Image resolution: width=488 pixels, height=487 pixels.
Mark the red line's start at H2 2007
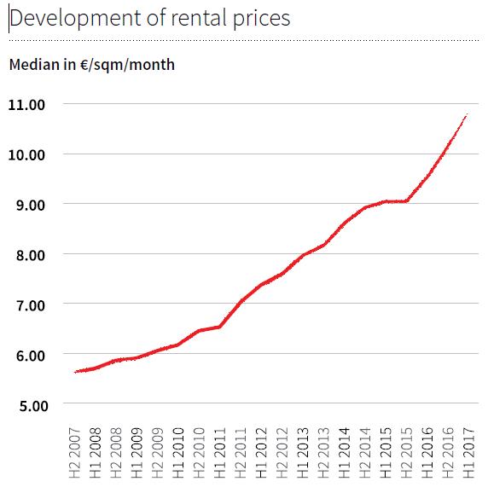[x=77, y=372]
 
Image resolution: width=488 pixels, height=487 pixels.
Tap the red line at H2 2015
[x=406, y=201]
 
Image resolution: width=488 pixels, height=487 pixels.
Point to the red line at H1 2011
[x=219, y=327]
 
